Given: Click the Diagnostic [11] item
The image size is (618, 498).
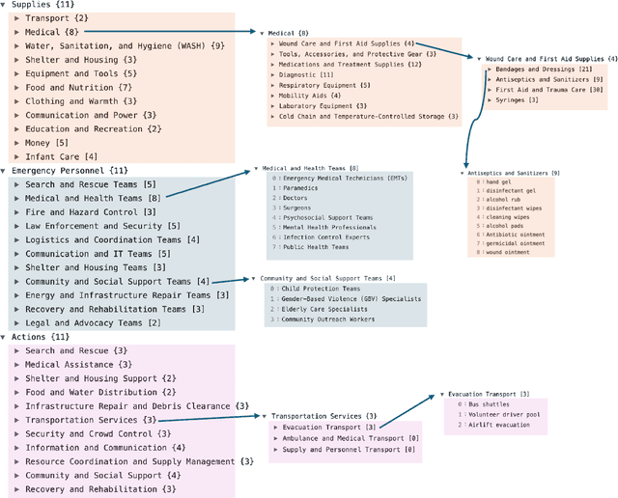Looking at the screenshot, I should click(306, 74).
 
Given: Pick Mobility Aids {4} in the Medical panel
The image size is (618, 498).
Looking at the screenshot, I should click(309, 96).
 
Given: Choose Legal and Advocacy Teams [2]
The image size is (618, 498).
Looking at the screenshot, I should click(93, 323).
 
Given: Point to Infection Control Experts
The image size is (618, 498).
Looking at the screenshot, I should click(326, 236).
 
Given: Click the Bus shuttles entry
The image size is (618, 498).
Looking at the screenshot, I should click(492, 405).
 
